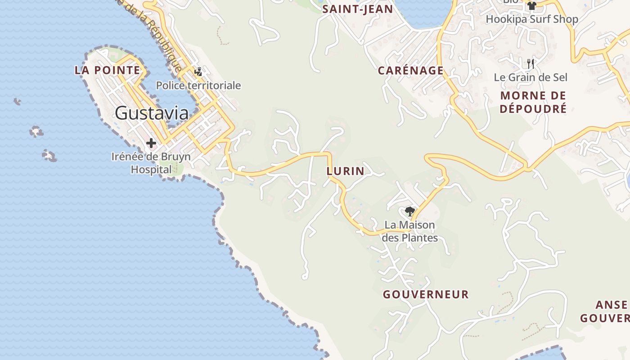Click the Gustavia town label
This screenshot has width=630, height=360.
click(x=152, y=112)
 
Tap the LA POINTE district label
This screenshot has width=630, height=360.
click(x=108, y=70)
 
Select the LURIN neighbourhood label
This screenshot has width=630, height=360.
click(x=345, y=171)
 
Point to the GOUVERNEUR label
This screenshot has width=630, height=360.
click(x=426, y=294)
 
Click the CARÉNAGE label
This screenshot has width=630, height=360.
click(x=410, y=71)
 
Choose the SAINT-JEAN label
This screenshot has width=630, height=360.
click(x=358, y=9)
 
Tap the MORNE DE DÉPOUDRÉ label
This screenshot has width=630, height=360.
click(x=533, y=102)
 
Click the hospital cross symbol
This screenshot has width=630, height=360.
click(x=151, y=144)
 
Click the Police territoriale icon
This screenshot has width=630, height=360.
click(x=198, y=72)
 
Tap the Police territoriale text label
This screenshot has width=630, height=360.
click(x=198, y=85)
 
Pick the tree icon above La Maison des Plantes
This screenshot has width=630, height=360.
click(x=409, y=211)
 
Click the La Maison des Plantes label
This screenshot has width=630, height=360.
click(x=409, y=231)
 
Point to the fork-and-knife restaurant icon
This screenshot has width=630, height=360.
click(x=531, y=63)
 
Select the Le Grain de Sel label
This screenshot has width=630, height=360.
click(x=531, y=77)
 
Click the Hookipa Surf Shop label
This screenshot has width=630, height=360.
click(x=531, y=19)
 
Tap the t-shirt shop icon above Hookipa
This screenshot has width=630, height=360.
click(x=531, y=6)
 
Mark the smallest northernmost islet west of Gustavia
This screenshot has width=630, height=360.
click(x=18, y=102)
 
